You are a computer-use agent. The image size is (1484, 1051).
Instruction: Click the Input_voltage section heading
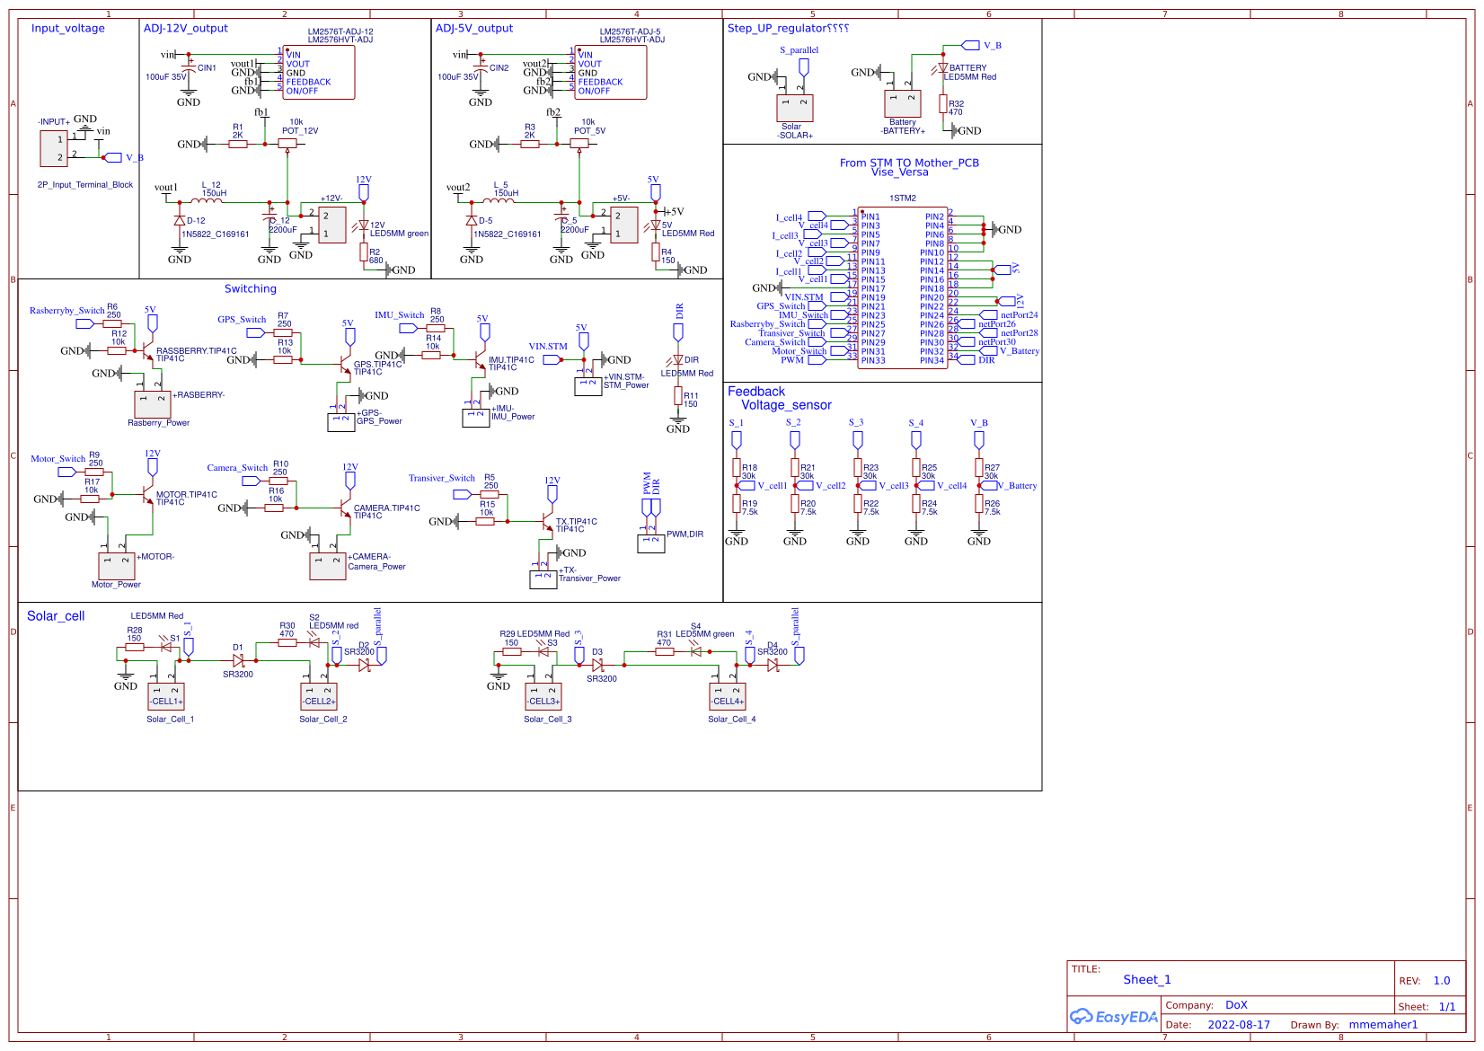[x=68, y=29]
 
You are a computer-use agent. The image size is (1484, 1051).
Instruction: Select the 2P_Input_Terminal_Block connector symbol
[x=54, y=148]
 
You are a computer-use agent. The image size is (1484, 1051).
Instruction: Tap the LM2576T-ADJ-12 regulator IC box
[x=319, y=73]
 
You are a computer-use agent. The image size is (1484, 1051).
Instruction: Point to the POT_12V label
[x=300, y=131]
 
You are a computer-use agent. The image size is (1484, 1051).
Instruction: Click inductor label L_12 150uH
[x=213, y=190]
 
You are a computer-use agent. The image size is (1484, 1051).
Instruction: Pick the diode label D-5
[x=485, y=221]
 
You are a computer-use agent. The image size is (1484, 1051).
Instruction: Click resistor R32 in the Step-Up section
[x=943, y=105]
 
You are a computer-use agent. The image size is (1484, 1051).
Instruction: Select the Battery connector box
[x=903, y=103]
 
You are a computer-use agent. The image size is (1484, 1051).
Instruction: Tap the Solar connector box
[x=795, y=108]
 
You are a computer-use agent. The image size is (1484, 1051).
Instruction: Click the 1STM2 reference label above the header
[x=903, y=199]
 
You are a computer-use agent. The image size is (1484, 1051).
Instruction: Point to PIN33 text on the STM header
[x=873, y=361]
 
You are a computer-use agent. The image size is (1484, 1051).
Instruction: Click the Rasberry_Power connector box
[x=153, y=403]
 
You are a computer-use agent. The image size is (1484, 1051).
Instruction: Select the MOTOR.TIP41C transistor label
[x=187, y=495]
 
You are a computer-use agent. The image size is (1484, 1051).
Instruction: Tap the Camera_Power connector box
[x=328, y=566]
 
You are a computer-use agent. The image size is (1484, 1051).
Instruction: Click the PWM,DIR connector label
[x=685, y=534]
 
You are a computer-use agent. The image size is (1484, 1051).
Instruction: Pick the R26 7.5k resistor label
[x=992, y=508]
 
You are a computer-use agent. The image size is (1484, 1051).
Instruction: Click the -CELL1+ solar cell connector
[x=166, y=696]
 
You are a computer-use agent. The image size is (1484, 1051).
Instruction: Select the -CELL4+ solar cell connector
[x=728, y=696]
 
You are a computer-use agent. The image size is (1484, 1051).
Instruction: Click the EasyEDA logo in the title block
[x=1114, y=1017]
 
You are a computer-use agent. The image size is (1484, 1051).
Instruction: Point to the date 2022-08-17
[x=1239, y=1025]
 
